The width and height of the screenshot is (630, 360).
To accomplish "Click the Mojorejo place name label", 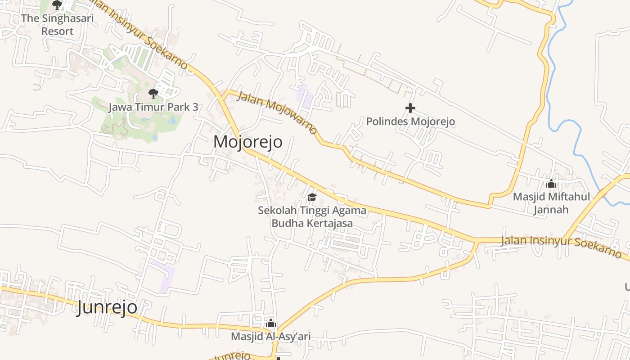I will [x=248, y=142].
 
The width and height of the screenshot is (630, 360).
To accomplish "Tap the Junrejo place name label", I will [x=107, y=308].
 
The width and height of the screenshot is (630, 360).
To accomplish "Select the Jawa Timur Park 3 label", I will [x=153, y=108].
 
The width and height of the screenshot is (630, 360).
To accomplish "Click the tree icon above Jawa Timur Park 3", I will [x=153, y=94].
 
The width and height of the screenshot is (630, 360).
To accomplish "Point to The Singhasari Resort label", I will [x=57, y=25].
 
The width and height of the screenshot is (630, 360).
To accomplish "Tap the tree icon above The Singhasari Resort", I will [x=57, y=5].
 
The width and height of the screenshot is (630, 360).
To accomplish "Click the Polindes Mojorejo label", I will [x=410, y=121].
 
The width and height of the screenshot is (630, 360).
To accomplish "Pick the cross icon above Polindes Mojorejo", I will [x=410, y=108].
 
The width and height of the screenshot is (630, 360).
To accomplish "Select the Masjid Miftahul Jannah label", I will [x=551, y=203].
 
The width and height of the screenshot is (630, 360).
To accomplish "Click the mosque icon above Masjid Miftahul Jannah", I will [x=551, y=184].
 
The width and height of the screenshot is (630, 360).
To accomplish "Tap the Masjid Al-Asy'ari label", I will [x=271, y=337].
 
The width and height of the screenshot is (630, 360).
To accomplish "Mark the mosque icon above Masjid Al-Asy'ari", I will [x=271, y=324].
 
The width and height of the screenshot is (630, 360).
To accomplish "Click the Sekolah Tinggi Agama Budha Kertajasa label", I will [x=312, y=216].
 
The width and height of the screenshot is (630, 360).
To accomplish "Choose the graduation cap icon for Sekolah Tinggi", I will [x=312, y=197].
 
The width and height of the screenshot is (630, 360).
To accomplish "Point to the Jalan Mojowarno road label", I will [x=277, y=112].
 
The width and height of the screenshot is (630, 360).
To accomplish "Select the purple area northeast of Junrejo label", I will [x=163, y=275].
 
